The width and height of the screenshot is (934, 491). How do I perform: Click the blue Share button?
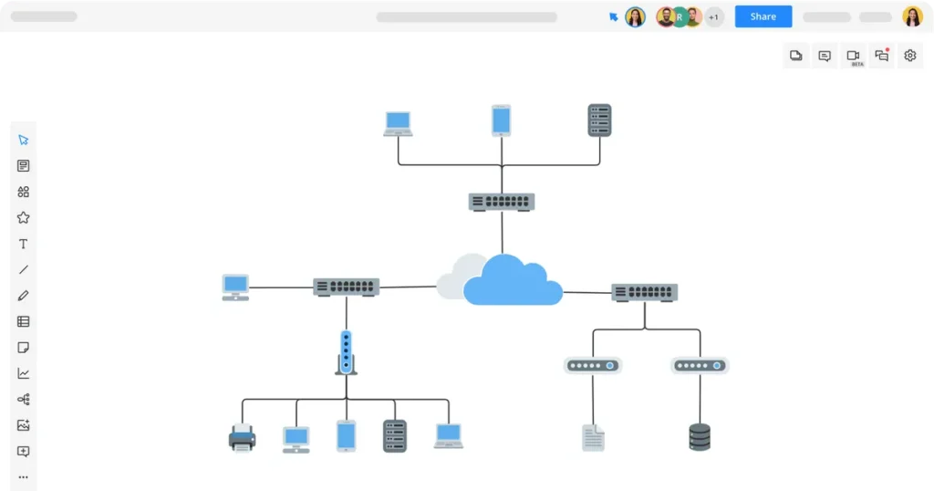pyautogui.click(x=763, y=16)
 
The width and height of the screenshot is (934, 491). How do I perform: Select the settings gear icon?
pyautogui.click(x=909, y=56)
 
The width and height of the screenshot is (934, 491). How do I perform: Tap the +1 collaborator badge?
pyautogui.click(x=713, y=16)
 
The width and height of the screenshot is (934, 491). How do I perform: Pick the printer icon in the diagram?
pyautogui.click(x=242, y=438)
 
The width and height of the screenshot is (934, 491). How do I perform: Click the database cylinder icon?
pyautogui.click(x=700, y=436)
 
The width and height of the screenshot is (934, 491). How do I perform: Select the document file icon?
pyautogui.click(x=593, y=437)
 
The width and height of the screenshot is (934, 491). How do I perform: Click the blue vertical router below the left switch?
pyautogui.click(x=346, y=352)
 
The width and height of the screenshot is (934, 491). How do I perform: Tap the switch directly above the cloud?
pyautogui.click(x=501, y=202)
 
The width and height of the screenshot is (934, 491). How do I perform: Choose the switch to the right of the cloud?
pyautogui.click(x=644, y=292)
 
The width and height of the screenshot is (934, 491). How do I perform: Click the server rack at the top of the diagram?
pyautogui.click(x=599, y=120)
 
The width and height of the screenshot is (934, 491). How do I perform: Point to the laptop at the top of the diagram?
pyautogui.click(x=398, y=123)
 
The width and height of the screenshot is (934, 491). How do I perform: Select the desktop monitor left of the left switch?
pyautogui.click(x=235, y=287)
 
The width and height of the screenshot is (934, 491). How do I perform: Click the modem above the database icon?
pyautogui.click(x=700, y=365)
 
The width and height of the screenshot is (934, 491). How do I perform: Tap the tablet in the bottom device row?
pyautogui.click(x=346, y=435)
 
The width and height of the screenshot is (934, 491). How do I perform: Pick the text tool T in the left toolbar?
pyautogui.click(x=24, y=244)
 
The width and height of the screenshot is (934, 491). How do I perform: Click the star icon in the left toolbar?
pyautogui.click(x=24, y=217)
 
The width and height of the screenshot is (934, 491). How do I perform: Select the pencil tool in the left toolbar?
pyautogui.click(x=24, y=296)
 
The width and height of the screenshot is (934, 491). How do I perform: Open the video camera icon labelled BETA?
pyautogui.click(x=853, y=56)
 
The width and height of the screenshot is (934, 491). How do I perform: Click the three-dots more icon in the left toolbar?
pyautogui.click(x=24, y=476)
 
